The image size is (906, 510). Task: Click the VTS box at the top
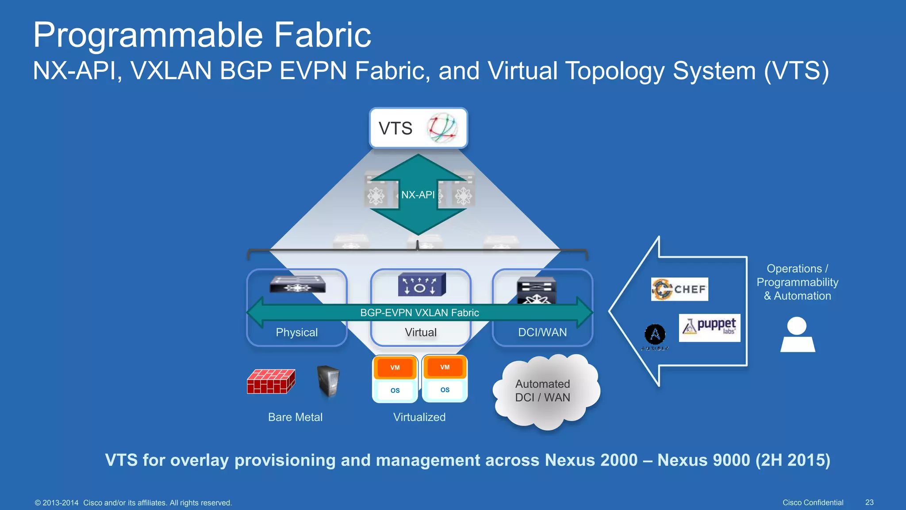click(418, 128)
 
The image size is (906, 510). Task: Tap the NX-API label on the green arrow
click(418, 195)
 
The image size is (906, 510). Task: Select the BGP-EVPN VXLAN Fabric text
click(419, 313)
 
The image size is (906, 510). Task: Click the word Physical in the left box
click(296, 332)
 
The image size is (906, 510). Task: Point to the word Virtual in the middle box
click(420, 332)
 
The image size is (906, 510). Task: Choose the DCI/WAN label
click(542, 332)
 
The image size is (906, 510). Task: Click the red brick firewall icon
click(271, 381)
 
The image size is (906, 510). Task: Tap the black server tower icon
click(328, 381)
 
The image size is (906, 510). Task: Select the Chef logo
click(679, 289)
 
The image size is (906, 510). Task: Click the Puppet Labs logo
click(709, 328)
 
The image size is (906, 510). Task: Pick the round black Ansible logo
click(655, 335)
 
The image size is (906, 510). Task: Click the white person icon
click(797, 335)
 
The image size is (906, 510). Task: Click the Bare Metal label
click(295, 417)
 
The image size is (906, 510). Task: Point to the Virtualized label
click(419, 417)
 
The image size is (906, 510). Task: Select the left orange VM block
click(395, 367)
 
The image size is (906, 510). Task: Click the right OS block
click(445, 390)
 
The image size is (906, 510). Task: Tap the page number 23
click(869, 502)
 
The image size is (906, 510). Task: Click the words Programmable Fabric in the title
click(202, 35)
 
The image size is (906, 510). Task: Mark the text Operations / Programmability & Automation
click(797, 282)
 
